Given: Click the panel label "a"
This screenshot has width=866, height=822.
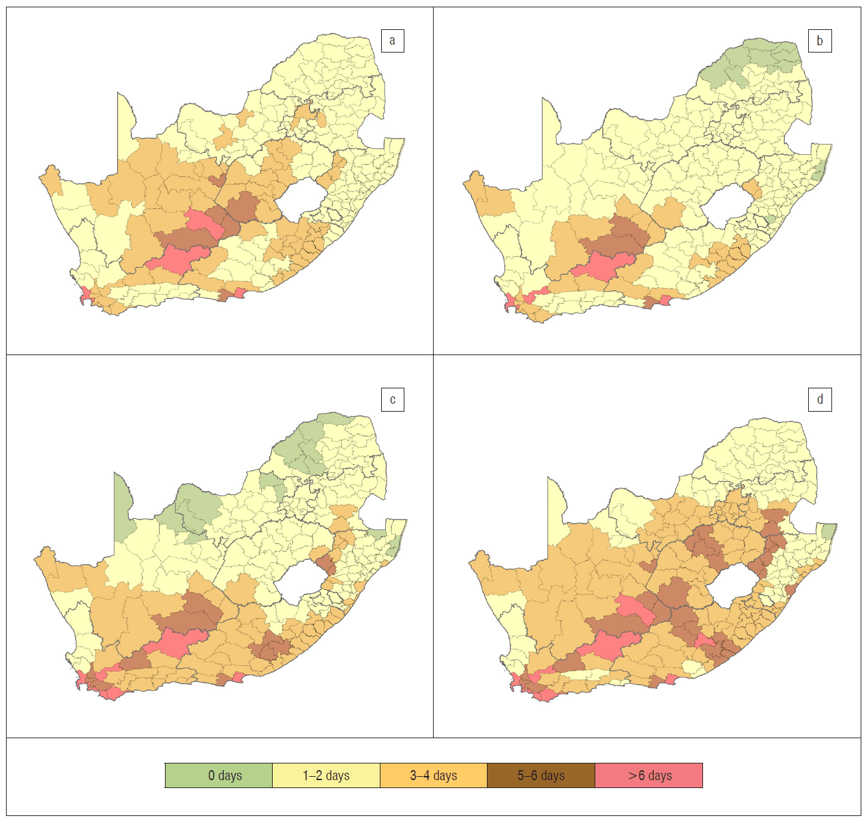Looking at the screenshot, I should [392, 41].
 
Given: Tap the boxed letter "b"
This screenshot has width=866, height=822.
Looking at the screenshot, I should [819, 41].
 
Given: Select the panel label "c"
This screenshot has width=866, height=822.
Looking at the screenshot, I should [392, 400].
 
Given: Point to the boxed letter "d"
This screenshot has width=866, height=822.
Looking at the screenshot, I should [820, 399].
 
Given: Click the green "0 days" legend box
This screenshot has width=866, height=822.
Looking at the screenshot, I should [219, 775].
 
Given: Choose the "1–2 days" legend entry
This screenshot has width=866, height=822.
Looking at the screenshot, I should [326, 775].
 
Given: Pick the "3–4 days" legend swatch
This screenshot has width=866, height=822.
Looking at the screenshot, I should [433, 775].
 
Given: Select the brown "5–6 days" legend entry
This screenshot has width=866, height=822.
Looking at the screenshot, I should [541, 775].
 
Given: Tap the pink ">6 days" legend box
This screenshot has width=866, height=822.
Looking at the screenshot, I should [649, 775].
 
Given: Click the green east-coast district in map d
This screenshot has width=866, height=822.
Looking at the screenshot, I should [828, 531].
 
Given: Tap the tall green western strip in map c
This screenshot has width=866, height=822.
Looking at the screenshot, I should [122, 509].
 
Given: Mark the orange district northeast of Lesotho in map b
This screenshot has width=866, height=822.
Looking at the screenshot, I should [752, 189].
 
